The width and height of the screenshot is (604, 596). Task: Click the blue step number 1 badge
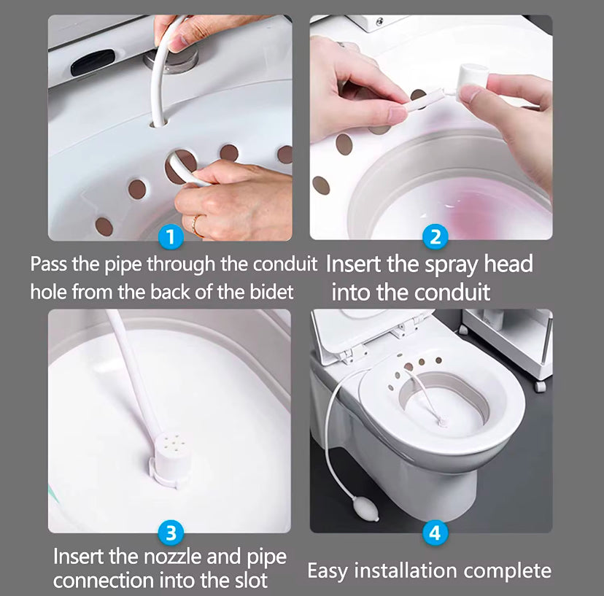tap(171, 236)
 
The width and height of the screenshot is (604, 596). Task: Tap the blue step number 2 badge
tap(435, 236)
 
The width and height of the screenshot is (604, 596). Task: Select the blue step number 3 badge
tap(171, 533)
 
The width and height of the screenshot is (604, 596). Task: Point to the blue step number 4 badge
tap(435, 533)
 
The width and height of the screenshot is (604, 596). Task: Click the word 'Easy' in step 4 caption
tap(328, 571)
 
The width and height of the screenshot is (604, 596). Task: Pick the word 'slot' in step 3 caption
tap(252, 580)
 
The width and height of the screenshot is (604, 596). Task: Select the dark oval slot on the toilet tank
tap(93, 62)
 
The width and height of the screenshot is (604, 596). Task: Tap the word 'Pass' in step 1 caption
tap(48, 264)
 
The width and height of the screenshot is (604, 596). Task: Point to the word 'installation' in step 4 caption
tap(406, 571)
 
